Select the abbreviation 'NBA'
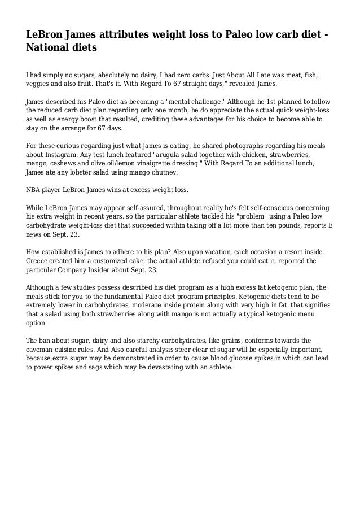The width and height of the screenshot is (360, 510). tap(36, 190)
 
